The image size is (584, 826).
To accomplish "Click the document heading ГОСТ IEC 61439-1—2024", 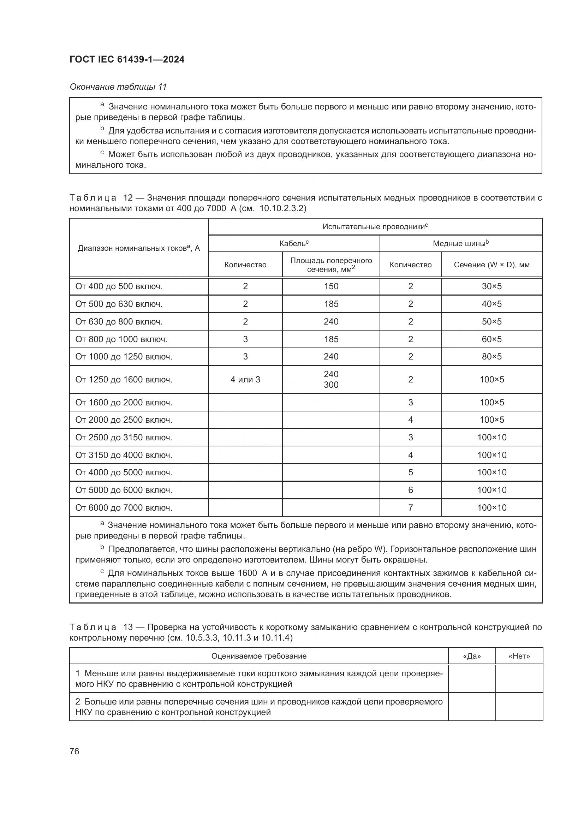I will [127, 59].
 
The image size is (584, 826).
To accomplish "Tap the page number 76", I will [75, 751].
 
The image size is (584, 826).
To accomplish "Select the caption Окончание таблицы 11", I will [118, 87].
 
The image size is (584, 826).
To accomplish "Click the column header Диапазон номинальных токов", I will [139, 248].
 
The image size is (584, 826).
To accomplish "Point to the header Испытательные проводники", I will [375, 227].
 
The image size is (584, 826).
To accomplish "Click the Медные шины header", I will [460, 244].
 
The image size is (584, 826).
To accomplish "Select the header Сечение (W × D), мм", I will [491, 265].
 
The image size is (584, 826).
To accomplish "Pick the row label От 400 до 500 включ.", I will [119, 286].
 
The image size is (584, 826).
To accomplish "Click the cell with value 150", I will [331, 286].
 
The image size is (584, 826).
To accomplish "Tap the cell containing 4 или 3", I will [245, 379].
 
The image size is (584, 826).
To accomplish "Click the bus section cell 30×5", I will [491, 286].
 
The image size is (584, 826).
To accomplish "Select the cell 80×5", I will [491, 357].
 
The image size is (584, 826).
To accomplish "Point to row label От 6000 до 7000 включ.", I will [124, 507].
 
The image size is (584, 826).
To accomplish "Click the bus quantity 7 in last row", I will [410, 507].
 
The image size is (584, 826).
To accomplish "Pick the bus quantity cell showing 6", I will [410, 490].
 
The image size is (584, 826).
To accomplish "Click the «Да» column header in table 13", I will [472, 656].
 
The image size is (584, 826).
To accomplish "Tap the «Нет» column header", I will [519, 656].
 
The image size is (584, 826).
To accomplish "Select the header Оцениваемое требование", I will [259, 656].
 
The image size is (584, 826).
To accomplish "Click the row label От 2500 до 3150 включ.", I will [124, 438].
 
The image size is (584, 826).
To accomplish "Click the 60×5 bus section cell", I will [491, 339].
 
